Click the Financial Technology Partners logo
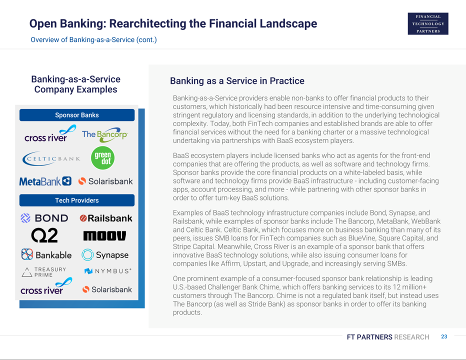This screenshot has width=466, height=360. tap(428, 24)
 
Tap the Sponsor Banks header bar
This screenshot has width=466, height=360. tap(77, 115)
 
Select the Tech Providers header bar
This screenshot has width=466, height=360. tap(77, 200)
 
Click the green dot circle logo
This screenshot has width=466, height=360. tap(102, 158)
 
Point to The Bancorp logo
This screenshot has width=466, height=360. tap(105, 134)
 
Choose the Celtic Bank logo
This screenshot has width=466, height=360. tap(51, 158)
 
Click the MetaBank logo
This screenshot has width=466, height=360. tap(45, 181)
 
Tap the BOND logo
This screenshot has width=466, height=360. tap(44, 218)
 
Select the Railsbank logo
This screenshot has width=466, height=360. tap(106, 218)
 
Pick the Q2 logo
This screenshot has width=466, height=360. tap(44, 235)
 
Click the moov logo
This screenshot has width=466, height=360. tap(104, 235)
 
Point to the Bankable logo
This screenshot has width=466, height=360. tap(46, 255)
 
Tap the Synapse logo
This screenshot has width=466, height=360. tap(105, 255)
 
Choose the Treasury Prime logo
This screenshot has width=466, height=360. tap(44, 272)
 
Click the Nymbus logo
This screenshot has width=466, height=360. tap(108, 271)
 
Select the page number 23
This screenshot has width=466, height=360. tap(444, 336)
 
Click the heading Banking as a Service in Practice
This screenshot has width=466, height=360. tap(237, 81)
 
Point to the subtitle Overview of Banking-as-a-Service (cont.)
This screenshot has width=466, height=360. tap(93, 40)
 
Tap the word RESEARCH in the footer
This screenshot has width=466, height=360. tap(411, 337)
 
